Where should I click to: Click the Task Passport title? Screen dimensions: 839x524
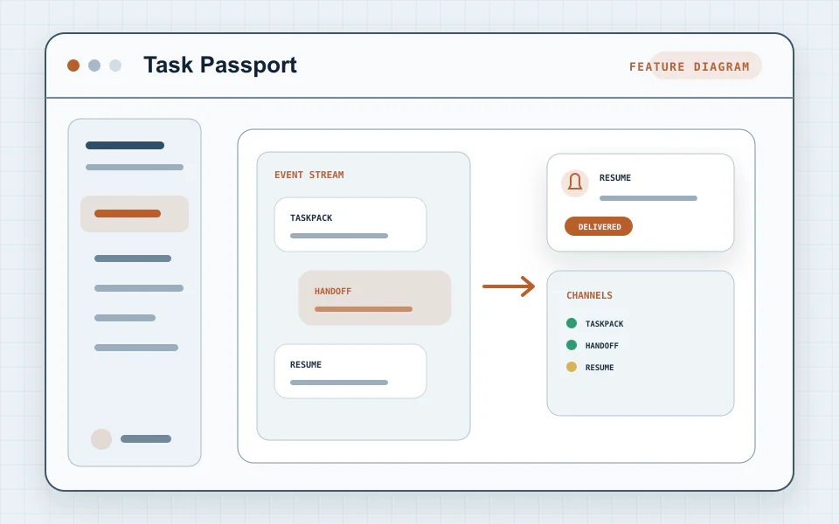coord(220,65)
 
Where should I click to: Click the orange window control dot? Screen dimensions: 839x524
coord(73,65)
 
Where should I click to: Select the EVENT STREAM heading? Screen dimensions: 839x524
coord(309,175)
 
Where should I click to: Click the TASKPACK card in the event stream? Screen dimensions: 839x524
coord(350,224)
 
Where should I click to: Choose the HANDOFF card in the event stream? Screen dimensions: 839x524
coord(375,298)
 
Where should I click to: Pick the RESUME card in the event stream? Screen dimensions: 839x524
coord(350,371)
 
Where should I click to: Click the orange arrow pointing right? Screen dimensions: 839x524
coord(509,286)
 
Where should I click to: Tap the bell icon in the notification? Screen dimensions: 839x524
coord(575,183)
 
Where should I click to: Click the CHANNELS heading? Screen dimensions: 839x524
coord(589,295)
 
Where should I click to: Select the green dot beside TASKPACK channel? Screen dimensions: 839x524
coord(572,323)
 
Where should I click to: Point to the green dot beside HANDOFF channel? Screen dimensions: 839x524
coord(572,345)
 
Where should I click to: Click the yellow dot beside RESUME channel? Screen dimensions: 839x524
coord(572,367)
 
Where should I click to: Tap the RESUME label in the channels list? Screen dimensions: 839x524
coord(600,368)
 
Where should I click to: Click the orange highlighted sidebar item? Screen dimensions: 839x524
coord(135,214)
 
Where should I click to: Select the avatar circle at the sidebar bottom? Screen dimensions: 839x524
coord(101,439)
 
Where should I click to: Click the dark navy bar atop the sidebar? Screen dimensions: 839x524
coord(125,146)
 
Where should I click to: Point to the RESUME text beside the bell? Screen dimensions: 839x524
coord(614,177)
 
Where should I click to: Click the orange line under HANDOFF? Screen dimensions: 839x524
coord(364,309)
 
